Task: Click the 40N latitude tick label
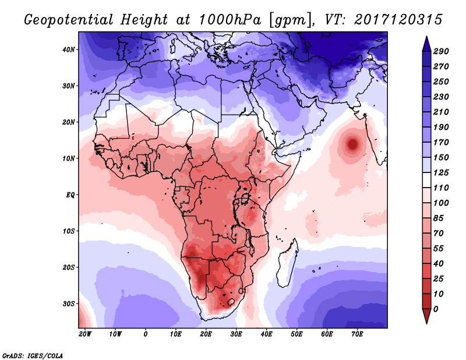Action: [69, 50]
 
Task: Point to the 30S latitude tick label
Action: [69, 303]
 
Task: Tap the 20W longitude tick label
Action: [85, 334]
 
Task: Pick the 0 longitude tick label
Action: [146, 334]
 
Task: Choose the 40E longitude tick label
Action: [266, 334]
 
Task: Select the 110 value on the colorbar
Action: [441, 187]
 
